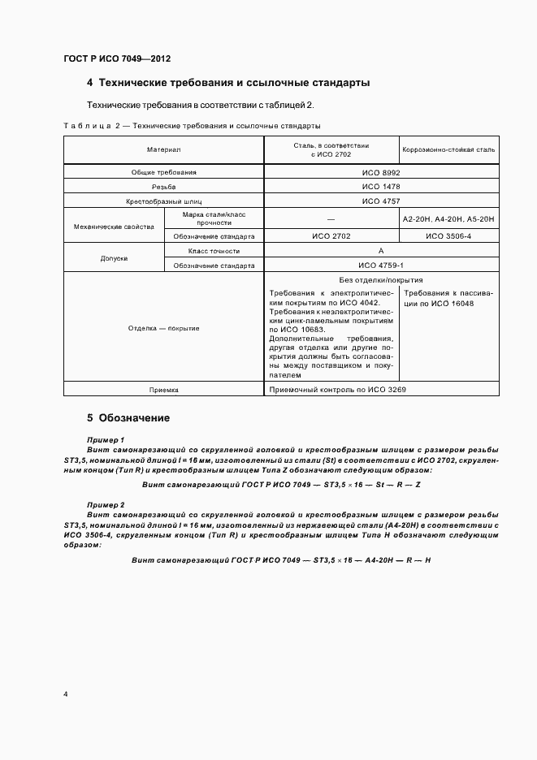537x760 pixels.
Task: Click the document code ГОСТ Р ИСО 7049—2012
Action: pos(117,58)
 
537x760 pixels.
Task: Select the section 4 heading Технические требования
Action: pos(228,83)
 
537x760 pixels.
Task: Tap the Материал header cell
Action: pos(163,150)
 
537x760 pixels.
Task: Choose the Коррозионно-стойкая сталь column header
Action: pos(448,150)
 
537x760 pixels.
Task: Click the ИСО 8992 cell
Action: pos(381,172)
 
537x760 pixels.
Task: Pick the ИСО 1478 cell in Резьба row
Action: pos(381,186)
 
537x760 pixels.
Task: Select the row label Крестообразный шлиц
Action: pos(163,200)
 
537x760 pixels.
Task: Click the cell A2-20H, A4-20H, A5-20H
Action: pos(448,219)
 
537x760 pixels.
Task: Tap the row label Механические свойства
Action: pos(114,227)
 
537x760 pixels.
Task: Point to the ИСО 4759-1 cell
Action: pos(381,265)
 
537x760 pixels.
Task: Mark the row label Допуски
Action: pos(114,258)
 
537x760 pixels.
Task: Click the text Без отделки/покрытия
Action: pos(381,280)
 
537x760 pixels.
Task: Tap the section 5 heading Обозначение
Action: pos(128,419)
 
